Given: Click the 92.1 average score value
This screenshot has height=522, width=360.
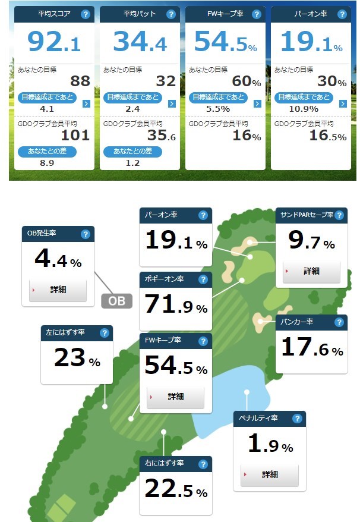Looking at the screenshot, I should (x=53, y=41).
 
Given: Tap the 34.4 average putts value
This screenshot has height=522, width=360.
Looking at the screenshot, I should (x=139, y=41).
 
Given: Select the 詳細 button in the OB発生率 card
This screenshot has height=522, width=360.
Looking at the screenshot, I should (x=58, y=290).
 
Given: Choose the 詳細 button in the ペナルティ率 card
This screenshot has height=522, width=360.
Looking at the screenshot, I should (x=270, y=474).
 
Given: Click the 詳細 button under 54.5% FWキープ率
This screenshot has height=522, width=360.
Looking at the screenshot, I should (x=175, y=397).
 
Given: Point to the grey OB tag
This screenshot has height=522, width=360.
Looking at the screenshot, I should (x=117, y=301).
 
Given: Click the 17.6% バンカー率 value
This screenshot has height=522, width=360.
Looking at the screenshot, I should (x=312, y=348).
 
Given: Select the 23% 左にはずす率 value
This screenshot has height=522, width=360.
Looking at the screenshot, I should (x=77, y=359).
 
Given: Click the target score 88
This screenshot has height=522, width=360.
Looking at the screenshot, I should (x=80, y=81).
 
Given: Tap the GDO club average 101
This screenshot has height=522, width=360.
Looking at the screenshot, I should (x=75, y=135).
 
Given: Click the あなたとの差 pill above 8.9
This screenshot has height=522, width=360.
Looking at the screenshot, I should (x=46, y=151).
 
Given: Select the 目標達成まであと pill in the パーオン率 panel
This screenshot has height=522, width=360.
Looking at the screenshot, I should (x=303, y=97).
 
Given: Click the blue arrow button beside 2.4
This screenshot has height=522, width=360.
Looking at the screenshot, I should (x=172, y=103).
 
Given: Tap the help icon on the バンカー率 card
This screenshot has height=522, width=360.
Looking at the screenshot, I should (x=339, y=322).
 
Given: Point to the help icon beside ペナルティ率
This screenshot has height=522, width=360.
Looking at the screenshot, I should (x=297, y=419).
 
